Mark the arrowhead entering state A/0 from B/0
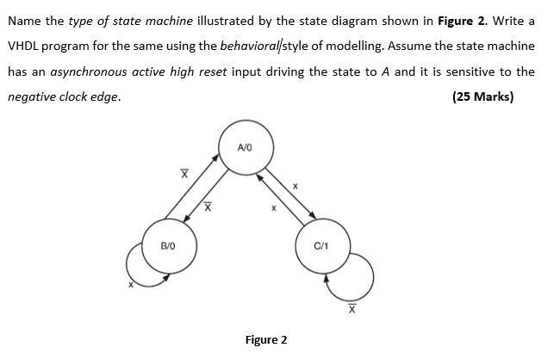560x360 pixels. point(215,158)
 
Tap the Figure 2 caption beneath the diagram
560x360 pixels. point(266,339)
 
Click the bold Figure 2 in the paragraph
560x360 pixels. point(473,19)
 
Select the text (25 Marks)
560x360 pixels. point(482,96)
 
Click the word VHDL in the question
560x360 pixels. point(23,45)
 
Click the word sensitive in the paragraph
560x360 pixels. point(470,71)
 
